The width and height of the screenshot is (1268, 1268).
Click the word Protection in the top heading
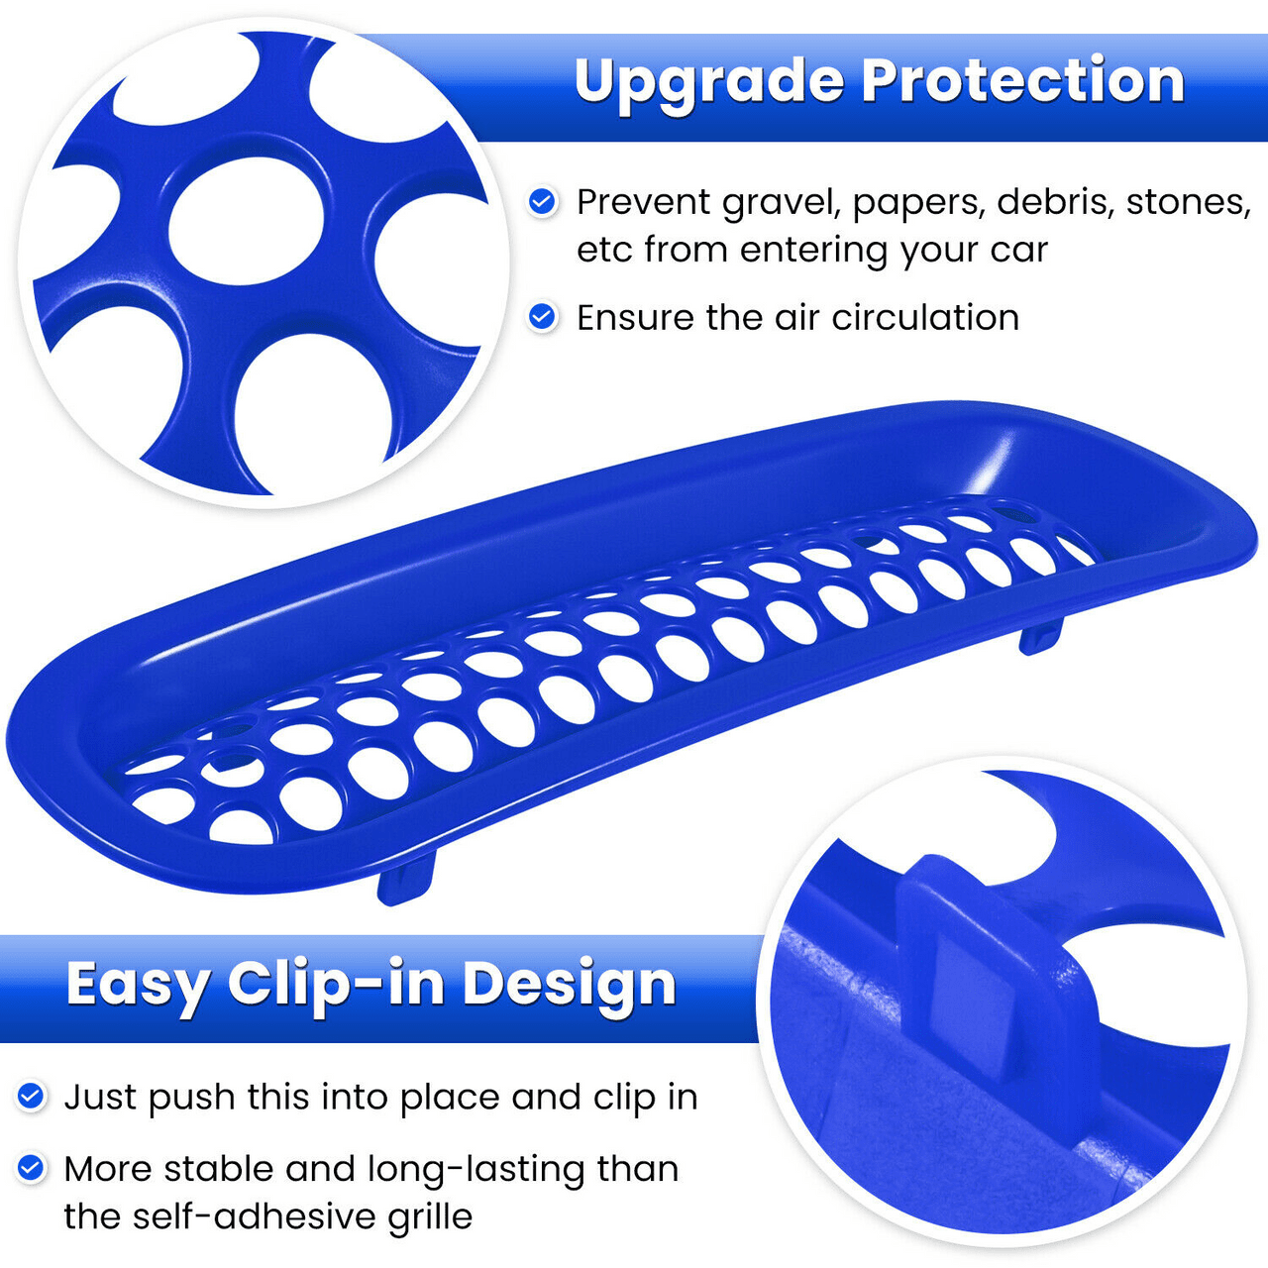click(1022, 81)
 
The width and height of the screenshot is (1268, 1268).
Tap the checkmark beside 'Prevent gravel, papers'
click(542, 202)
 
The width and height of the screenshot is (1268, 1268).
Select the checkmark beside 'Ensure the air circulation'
click(542, 317)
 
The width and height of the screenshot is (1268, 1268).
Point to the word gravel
click(782, 203)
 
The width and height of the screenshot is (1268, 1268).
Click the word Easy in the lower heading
click(138, 986)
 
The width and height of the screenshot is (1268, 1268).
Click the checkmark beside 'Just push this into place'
click(31, 1097)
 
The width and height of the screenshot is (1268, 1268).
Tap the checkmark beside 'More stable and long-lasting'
click(31, 1168)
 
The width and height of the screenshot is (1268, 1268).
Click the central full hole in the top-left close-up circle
click(246, 221)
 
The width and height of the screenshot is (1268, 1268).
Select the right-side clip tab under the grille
click(1040, 634)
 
